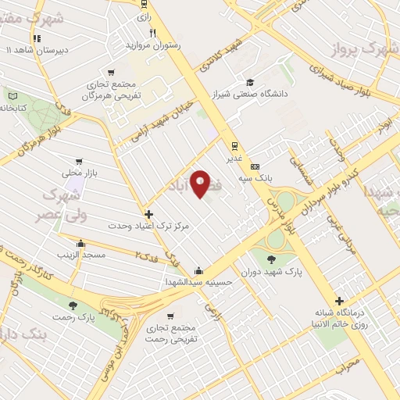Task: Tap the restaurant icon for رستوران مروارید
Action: (153, 34)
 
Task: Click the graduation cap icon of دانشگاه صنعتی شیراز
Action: (248, 82)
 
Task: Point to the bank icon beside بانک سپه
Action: (255, 166)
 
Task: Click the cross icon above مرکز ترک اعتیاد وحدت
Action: (148, 213)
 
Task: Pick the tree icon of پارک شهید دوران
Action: (271, 259)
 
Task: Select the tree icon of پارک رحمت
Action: (73, 305)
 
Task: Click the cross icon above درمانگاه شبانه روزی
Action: (339, 301)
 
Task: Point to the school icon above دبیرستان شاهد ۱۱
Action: (36, 37)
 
